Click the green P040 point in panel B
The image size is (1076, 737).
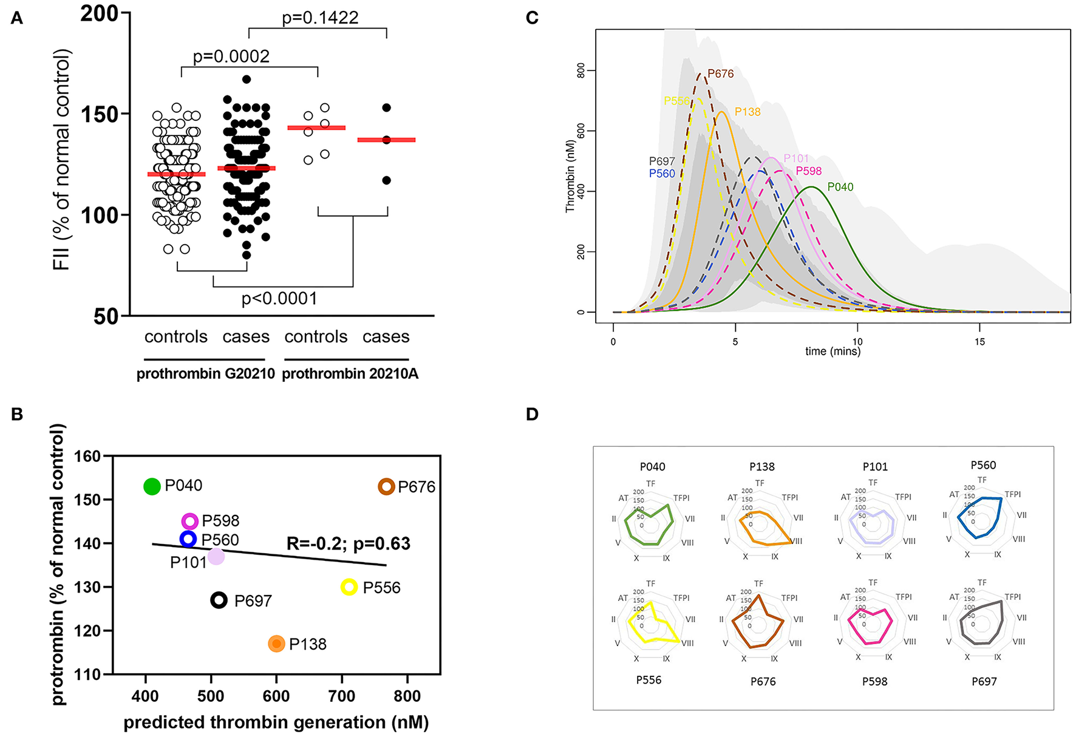tap(152, 486)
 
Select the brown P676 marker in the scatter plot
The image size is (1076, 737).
tap(387, 487)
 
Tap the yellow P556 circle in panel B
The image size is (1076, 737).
tap(349, 587)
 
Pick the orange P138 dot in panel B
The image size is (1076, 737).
tap(276, 644)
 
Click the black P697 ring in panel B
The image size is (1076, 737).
tap(219, 600)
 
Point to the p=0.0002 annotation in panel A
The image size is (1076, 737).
tap(231, 56)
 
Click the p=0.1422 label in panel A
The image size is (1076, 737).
tap(320, 18)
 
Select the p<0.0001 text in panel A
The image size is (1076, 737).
tap(279, 299)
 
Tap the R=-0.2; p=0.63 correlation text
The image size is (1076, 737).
tap(348, 543)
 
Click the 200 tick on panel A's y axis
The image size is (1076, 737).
tap(100, 13)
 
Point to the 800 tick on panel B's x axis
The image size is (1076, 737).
tap(407, 696)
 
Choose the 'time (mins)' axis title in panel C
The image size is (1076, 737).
tap(833, 352)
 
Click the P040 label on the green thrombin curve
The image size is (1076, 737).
tap(840, 187)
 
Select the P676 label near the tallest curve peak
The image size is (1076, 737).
tap(721, 73)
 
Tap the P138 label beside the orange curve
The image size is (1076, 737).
tap(747, 112)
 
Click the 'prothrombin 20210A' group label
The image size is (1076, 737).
tap(350, 374)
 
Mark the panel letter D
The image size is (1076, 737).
tap(532, 414)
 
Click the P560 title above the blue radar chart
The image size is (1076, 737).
tap(983, 465)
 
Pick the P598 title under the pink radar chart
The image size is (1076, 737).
tap(875, 681)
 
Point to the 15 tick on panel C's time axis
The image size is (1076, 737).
tap(980, 342)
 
